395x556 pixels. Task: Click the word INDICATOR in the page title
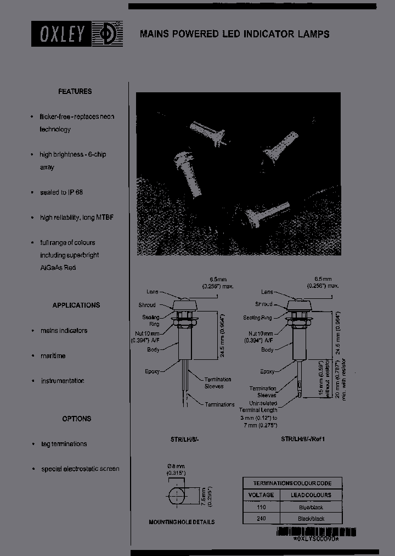point(263,34)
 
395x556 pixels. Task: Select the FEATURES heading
point(75,92)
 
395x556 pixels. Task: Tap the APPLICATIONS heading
point(76,305)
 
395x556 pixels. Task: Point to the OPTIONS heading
point(76,419)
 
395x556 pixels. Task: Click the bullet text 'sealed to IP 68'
point(61,192)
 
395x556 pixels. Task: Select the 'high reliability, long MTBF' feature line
point(76,218)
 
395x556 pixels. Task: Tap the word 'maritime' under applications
point(53,355)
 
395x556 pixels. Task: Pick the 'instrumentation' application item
point(63,381)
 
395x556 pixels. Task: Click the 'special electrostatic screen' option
point(80,469)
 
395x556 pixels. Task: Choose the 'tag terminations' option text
point(64,443)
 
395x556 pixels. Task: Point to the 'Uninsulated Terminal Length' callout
point(258,406)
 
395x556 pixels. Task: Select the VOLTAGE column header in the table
point(261,495)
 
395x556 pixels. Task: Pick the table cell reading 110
point(261,507)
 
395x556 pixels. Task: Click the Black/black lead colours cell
point(311,518)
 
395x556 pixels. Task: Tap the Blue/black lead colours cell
point(311,507)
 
